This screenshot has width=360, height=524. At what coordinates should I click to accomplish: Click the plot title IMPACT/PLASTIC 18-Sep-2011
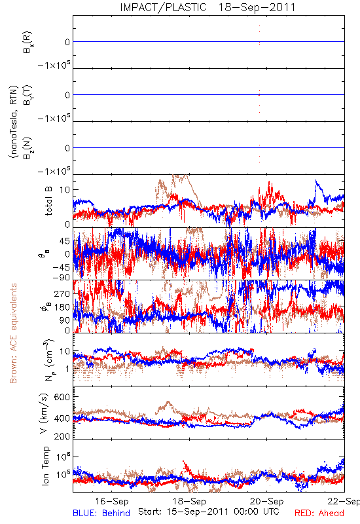pos(207,7)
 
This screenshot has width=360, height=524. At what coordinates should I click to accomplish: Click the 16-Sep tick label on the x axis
pos(112,501)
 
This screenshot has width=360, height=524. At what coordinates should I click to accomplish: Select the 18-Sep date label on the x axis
pos(189,501)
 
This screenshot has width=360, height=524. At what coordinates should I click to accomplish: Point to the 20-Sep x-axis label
pos(267,501)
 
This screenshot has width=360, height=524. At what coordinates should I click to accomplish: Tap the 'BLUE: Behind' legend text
pos(101,513)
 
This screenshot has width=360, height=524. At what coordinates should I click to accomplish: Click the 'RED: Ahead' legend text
pos(319,513)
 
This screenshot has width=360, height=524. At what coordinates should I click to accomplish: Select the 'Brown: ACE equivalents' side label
pos(13,333)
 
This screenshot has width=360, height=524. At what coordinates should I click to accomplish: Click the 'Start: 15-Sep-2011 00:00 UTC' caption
pos(208,512)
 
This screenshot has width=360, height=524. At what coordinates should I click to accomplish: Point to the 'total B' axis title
pos(48,201)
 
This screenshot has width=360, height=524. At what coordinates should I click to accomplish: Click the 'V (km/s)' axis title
pos(44,413)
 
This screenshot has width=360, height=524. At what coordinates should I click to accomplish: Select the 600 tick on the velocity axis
pos(62,397)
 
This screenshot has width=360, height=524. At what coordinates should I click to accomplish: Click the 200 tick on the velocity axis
pos(62,436)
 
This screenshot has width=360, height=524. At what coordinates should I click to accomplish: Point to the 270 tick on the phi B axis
pos(62,293)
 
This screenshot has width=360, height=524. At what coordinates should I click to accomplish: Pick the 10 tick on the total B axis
pos(65,190)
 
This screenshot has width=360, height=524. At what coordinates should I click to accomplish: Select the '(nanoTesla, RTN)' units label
pos(13,122)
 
